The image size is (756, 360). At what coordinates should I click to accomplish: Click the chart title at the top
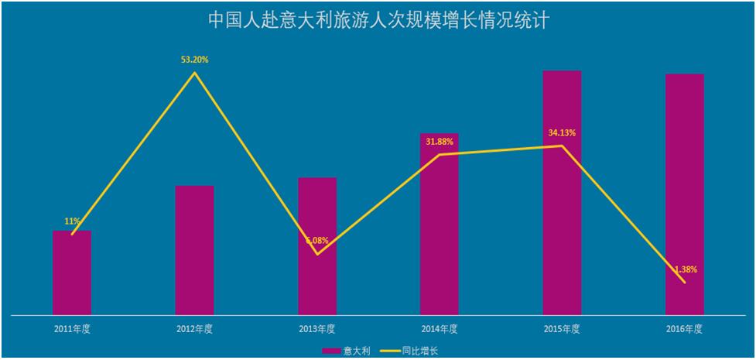click(378, 19)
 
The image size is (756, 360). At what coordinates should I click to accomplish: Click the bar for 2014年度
click(440, 225)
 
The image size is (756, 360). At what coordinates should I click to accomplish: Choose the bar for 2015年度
click(562, 193)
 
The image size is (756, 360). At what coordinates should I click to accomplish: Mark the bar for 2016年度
click(685, 194)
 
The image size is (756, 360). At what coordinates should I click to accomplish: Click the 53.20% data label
click(195, 59)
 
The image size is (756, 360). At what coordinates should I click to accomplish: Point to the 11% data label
click(72, 221)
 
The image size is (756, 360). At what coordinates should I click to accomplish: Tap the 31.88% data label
click(440, 142)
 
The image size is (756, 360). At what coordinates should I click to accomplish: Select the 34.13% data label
click(562, 132)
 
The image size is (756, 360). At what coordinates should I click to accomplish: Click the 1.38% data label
click(686, 269)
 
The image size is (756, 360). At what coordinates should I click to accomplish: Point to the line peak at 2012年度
click(195, 73)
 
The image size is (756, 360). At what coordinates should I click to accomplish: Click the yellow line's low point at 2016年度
click(685, 283)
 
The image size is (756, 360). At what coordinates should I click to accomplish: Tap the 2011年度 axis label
click(72, 329)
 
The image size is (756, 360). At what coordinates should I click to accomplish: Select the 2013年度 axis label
click(317, 329)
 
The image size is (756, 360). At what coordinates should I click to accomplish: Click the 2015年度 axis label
click(562, 329)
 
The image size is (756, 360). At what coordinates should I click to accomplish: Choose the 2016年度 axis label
click(685, 329)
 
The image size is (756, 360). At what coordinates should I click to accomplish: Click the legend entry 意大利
click(348, 351)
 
